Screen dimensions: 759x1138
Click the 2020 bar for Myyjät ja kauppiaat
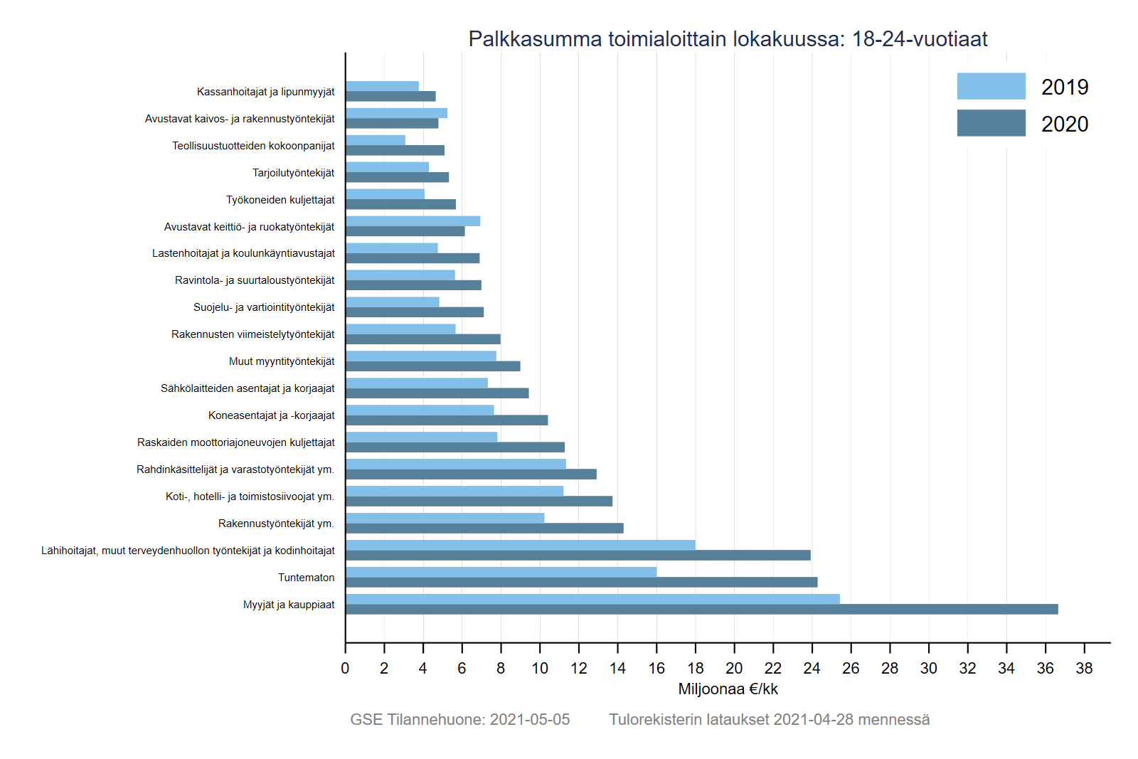[x=701, y=610]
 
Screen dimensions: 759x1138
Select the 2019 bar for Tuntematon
[x=501, y=572]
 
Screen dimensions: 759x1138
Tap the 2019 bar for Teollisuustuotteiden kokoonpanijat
[x=376, y=140]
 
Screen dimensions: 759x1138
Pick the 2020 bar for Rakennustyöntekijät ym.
[x=484, y=529]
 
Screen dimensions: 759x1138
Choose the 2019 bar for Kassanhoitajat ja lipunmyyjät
[x=382, y=86]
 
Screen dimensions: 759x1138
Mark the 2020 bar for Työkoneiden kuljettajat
[x=400, y=205]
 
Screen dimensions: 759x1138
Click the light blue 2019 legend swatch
[x=991, y=86]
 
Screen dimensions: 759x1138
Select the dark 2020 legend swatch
[x=991, y=123]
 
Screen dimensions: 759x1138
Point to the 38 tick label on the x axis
[x=1084, y=669]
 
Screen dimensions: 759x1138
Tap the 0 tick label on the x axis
[x=346, y=669]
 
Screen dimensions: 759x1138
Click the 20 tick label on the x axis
[x=734, y=669]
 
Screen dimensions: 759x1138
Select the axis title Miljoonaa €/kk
[x=728, y=689]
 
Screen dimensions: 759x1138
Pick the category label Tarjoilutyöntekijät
[x=293, y=173]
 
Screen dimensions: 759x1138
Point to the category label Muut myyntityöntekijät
[x=282, y=361]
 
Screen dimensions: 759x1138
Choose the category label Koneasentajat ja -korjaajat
[x=271, y=415]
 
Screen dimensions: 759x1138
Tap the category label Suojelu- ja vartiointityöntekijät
[x=264, y=307]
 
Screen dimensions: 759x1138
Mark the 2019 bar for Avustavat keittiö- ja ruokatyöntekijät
[x=413, y=221]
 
